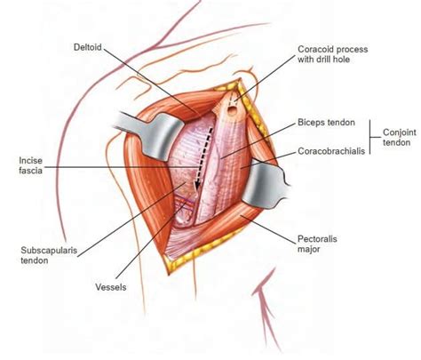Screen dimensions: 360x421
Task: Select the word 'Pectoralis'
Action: click(x=315, y=238)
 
